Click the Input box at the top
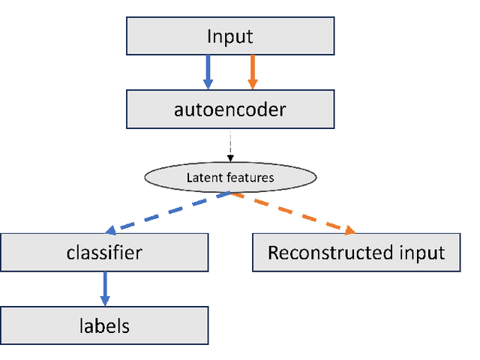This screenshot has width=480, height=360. point(231,35)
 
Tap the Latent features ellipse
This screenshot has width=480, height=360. point(230,177)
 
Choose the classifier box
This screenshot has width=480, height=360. point(104,252)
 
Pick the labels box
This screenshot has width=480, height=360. point(104,325)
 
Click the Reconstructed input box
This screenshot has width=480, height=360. point(356,252)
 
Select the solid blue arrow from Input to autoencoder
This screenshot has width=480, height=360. point(208,72)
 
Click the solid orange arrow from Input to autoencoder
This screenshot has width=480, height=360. point(253,72)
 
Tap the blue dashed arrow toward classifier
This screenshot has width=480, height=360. point(169,211)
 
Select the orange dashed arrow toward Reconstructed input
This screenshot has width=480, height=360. point(292,211)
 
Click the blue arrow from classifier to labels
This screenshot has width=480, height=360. point(104,288)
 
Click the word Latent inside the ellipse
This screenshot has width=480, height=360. point(199,178)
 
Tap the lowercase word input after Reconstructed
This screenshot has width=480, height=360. point(424,253)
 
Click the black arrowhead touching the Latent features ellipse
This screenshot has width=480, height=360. point(231,158)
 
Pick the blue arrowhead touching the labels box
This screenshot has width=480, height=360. point(104,301)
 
